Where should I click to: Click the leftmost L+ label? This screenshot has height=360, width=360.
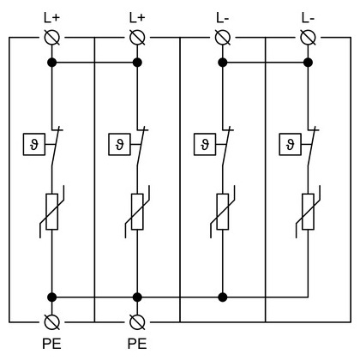point(51,18)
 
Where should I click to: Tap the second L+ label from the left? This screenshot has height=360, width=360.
point(137,18)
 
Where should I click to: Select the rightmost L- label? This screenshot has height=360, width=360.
point(308,18)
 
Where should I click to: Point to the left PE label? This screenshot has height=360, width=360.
point(51,344)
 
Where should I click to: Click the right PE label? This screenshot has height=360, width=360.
point(137,344)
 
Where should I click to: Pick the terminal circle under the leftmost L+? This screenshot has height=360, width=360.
point(52,38)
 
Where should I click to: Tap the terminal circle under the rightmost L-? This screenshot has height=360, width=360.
point(308,38)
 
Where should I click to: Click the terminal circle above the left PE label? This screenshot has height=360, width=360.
point(52,322)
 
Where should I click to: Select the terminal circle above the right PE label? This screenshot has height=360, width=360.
point(137,322)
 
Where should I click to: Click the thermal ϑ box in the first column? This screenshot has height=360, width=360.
point(34,144)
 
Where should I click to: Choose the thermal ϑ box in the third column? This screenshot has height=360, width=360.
point(205,144)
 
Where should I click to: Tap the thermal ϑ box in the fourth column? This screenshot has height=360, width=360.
point(290,144)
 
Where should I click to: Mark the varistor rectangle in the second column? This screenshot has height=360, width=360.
point(137,212)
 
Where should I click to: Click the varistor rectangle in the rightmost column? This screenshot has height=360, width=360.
point(308,212)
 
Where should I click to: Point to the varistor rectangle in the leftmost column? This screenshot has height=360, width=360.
point(52,212)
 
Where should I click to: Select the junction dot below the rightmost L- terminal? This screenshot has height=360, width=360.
point(308,63)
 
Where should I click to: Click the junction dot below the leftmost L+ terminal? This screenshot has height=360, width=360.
point(52,63)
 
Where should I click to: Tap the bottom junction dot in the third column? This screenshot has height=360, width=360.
point(223,297)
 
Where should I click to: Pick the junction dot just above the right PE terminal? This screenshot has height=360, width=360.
point(137,297)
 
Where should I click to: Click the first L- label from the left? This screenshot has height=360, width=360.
point(223,18)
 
